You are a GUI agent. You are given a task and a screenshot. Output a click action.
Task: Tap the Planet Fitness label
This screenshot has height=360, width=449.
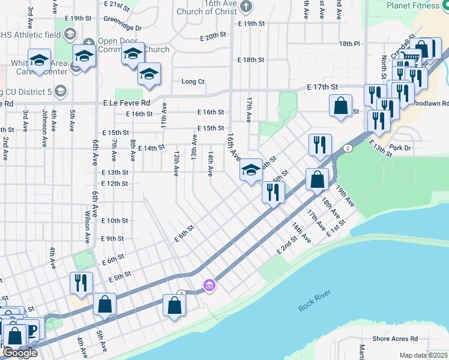pos(414,5)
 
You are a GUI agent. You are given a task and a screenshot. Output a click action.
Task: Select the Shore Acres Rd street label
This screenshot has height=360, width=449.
pos(394,339)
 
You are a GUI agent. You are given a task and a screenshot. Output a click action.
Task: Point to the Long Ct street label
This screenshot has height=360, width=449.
pos(193,82)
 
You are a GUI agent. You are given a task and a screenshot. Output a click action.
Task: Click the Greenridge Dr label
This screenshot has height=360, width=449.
pos(122,28)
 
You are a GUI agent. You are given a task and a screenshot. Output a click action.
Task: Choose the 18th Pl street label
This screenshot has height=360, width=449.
pos(349,44)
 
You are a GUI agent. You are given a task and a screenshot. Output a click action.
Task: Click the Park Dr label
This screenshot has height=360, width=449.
pos(399,147)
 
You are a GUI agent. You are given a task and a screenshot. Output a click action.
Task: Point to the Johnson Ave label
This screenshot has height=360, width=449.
pos(44,128)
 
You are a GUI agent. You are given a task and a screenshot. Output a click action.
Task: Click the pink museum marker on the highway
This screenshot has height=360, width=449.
pos(209,284)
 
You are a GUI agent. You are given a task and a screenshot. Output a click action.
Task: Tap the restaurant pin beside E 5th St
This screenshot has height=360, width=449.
pos(80,282)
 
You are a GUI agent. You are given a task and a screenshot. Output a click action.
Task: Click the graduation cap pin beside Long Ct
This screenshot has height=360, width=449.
pos(148,74)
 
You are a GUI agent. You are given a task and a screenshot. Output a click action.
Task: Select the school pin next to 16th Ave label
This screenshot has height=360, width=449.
pos(250,170)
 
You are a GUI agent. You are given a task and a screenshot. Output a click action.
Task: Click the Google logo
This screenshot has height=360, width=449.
pos(19,353)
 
